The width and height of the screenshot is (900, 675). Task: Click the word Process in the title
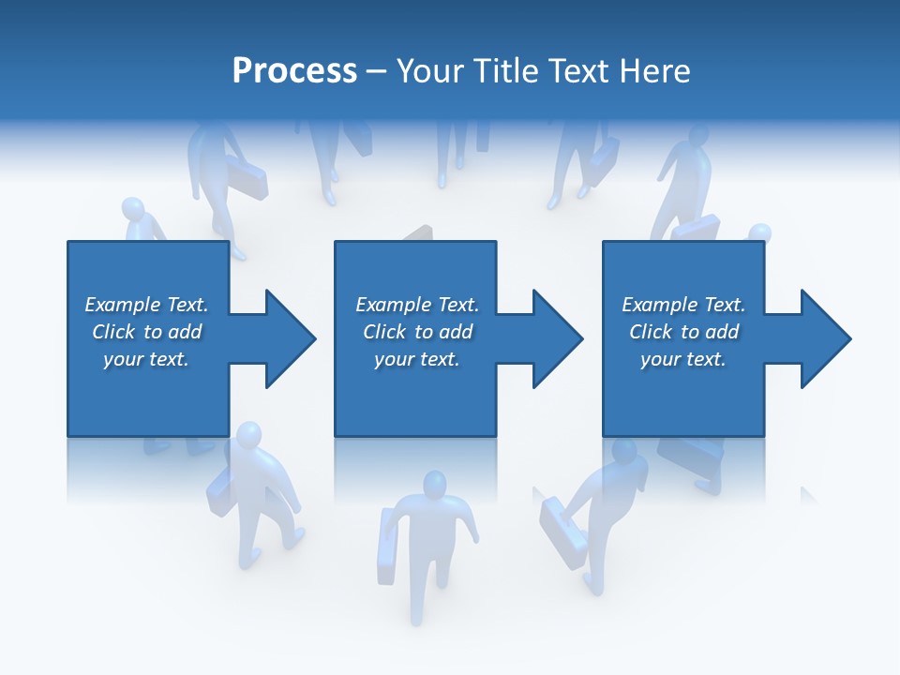(294, 71)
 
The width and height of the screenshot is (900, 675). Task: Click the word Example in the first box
(123, 305)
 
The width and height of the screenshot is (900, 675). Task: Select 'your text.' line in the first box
(145, 359)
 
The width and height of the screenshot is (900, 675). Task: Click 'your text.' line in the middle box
(416, 359)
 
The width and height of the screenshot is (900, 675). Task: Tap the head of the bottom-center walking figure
(433, 485)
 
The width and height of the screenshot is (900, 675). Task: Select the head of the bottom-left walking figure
(248, 436)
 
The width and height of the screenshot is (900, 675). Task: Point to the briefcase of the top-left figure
(249, 182)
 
